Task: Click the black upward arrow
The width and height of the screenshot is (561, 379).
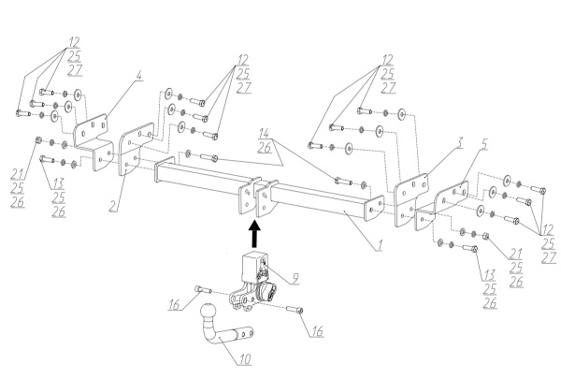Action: tap(254, 234)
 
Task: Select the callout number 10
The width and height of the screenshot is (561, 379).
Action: tap(245, 358)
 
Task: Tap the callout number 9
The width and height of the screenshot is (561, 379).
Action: tap(295, 278)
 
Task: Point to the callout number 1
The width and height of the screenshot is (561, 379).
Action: tap(380, 245)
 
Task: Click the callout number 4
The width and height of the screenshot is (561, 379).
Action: tap(139, 76)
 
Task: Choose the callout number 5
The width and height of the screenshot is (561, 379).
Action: tap(484, 144)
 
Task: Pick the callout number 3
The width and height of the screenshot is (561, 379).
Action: tap(459, 142)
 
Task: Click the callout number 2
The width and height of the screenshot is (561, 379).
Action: tap(113, 206)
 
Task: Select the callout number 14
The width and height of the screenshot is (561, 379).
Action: tap(264, 133)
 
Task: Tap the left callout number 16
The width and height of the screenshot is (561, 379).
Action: tap(175, 304)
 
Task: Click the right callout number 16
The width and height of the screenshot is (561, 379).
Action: tap(317, 330)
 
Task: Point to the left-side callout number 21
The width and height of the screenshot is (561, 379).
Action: tap(18, 174)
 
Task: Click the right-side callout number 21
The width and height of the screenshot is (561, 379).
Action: tap(515, 254)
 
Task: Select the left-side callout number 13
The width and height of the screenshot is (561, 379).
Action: tap(58, 183)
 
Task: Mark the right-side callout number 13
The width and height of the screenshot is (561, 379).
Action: tap(490, 275)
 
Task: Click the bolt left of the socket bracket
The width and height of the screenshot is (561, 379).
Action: tap(203, 289)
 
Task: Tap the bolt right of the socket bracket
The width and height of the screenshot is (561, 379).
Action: tap(295, 309)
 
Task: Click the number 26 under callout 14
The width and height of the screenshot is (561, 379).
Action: tap(265, 147)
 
